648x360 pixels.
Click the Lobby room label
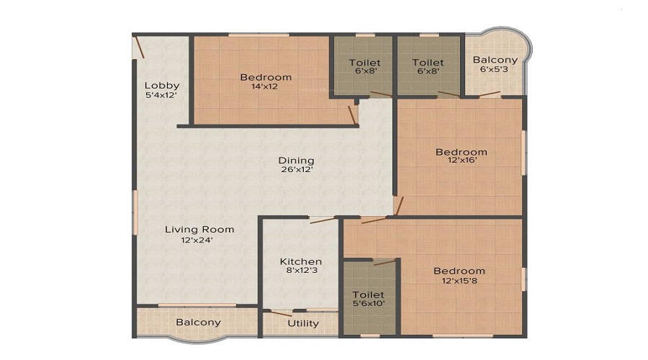click(162, 86)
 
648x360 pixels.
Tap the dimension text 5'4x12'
click(162, 94)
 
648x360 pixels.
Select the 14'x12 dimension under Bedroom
click(264, 86)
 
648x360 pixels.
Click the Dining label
click(297, 161)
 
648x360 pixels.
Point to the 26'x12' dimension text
click(297, 170)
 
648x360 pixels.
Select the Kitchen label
click(301, 261)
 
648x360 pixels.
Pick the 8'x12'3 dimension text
click(301, 271)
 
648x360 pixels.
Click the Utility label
click(303, 323)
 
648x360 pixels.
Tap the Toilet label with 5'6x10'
click(368, 295)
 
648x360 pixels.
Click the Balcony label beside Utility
click(198, 322)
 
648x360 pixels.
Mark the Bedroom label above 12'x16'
click(462, 152)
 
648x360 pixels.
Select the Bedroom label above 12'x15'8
click(459, 271)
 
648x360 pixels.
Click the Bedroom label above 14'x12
click(266, 77)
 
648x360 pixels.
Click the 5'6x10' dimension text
click(369, 304)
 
